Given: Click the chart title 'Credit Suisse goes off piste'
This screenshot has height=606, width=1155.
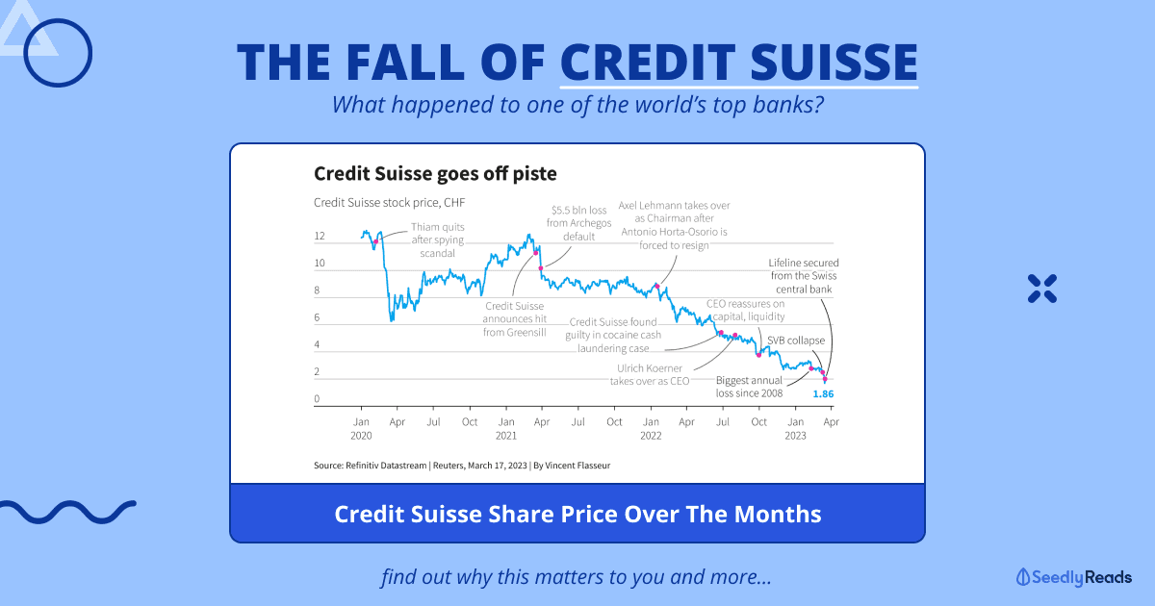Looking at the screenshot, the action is [435, 174].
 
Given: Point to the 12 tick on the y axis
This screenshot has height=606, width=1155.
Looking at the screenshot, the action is [320, 236].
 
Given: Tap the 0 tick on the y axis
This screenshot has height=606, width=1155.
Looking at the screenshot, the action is [317, 399].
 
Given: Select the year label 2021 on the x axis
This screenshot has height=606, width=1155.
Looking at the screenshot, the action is [506, 436].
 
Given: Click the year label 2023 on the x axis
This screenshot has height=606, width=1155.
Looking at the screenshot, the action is [795, 436].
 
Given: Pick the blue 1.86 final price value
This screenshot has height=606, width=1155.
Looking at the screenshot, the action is [823, 394].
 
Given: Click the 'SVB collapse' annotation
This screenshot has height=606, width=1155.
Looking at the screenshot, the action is [796, 341].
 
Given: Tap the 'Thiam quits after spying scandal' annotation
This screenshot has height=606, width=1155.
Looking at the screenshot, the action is [438, 240].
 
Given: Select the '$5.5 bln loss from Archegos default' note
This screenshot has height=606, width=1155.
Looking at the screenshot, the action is [579, 223].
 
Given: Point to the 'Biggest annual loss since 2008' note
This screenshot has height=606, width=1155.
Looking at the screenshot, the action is [749, 387].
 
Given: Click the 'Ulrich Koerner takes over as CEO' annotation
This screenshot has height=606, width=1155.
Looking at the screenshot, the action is [650, 374].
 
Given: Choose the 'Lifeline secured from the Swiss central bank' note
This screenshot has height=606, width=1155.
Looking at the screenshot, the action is [804, 276].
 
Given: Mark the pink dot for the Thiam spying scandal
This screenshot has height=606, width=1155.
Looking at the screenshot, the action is [376, 241].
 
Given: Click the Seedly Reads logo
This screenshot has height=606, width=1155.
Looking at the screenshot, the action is [1074, 577].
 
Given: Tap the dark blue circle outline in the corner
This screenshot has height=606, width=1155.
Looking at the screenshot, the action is [58, 18].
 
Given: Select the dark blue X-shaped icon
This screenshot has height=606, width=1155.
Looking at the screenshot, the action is [1042, 289].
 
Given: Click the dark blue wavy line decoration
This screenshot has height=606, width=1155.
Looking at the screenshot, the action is [68, 512].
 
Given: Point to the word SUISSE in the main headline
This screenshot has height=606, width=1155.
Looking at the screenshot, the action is [834, 63].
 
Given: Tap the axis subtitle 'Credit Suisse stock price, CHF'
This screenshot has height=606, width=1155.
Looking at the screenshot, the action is [389, 203].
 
